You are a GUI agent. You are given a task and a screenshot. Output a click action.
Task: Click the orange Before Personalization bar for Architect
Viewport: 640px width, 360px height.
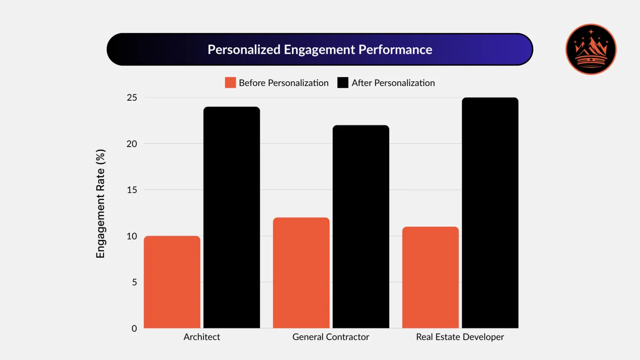172,282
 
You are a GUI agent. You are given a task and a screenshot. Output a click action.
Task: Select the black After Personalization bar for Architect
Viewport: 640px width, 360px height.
231,217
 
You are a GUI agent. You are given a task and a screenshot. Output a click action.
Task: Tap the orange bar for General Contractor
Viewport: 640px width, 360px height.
301,273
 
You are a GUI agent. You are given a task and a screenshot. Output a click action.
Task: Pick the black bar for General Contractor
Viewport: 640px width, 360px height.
361,227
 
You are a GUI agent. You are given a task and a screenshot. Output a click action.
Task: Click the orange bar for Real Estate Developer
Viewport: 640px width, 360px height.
431,277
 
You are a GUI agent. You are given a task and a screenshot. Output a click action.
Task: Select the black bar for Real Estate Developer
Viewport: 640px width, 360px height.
490,213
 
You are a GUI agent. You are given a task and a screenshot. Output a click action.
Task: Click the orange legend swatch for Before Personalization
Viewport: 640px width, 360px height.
231,83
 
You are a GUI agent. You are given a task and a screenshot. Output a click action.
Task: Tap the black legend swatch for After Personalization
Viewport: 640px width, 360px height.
343,83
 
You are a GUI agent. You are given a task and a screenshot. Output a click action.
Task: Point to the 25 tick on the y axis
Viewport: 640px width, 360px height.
132,98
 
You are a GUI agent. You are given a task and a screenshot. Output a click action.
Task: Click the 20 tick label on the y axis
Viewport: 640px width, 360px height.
132,144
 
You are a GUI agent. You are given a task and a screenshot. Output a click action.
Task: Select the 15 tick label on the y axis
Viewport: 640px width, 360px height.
132,190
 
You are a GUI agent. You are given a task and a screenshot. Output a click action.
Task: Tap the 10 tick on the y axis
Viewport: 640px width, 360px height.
132,236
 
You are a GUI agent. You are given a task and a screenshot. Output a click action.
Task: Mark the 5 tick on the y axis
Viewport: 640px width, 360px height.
134,282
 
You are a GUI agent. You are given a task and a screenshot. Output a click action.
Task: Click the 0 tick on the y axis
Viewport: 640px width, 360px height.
134,329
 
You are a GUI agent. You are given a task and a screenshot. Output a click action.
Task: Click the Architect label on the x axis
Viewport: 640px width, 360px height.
202,337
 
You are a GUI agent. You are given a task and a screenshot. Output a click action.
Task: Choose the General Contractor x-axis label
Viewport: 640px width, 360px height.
331,337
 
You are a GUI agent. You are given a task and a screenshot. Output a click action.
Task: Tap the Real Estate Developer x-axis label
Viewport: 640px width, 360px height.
460,337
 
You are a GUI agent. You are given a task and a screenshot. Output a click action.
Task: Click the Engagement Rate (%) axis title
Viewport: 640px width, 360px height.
100,203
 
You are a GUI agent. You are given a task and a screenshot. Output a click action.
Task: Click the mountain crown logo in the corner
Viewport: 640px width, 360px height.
591,49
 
